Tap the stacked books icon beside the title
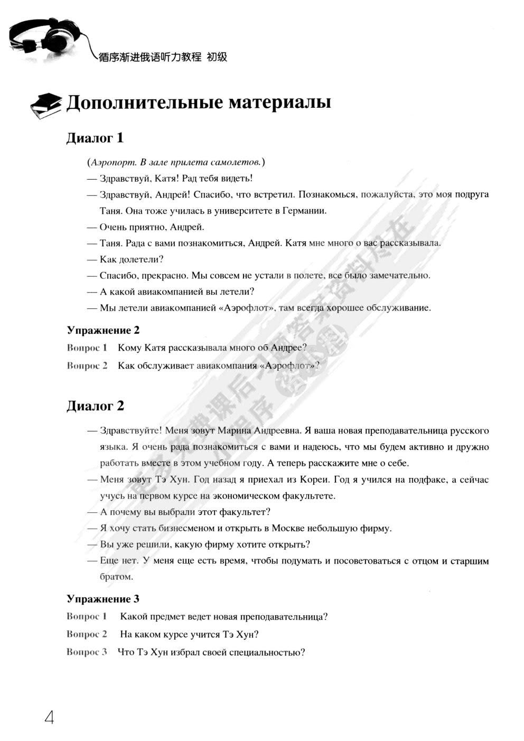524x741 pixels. (46, 105)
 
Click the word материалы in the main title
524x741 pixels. (279, 102)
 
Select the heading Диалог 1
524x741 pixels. (95, 138)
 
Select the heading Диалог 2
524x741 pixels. (95, 406)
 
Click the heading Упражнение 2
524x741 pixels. (103, 331)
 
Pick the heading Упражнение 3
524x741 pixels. (103, 599)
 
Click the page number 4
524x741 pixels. (49, 717)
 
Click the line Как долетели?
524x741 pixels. (132, 259)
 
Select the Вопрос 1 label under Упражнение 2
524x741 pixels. (87, 348)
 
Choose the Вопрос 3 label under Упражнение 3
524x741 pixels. (87, 652)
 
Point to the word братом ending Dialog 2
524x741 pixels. (116, 577)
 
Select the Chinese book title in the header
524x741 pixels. (163, 57)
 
